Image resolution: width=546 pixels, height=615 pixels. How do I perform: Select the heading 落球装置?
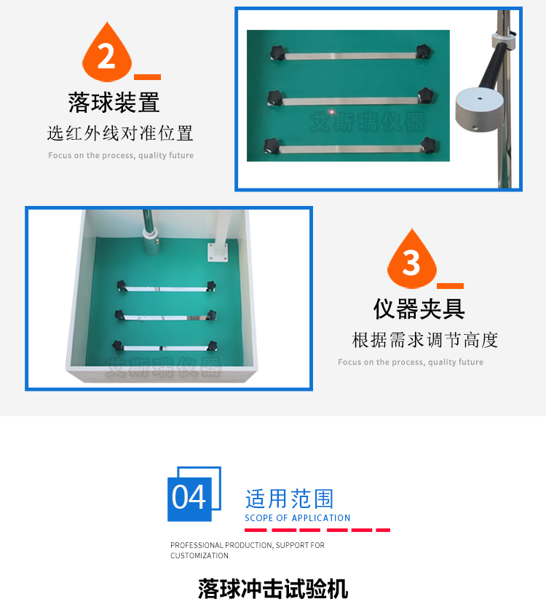click(114, 103)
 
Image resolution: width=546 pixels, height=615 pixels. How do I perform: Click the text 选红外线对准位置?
click(120, 133)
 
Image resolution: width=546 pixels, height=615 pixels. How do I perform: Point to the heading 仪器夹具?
click(419, 309)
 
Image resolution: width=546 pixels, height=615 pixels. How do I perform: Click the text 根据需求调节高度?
click(425, 340)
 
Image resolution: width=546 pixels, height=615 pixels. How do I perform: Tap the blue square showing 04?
click(189, 498)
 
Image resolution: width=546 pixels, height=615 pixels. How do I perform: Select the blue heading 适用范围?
click(289, 499)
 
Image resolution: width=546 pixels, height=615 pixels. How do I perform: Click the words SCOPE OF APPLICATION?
click(297, 518)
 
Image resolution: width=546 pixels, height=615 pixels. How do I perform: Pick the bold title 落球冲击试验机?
click(273, 588)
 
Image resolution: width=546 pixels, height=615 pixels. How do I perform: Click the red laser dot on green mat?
click(332, 113)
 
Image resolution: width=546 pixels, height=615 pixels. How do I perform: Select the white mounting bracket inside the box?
click(218, 251)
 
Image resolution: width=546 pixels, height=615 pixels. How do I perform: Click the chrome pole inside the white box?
click(149, 233)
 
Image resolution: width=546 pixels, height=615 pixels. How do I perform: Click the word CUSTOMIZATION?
click(199, 555)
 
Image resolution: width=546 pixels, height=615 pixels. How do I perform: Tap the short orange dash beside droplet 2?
click(148, 76)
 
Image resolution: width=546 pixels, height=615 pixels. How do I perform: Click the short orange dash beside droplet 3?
click(450, 286)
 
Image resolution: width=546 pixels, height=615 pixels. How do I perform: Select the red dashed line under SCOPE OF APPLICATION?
click(317, 530)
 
